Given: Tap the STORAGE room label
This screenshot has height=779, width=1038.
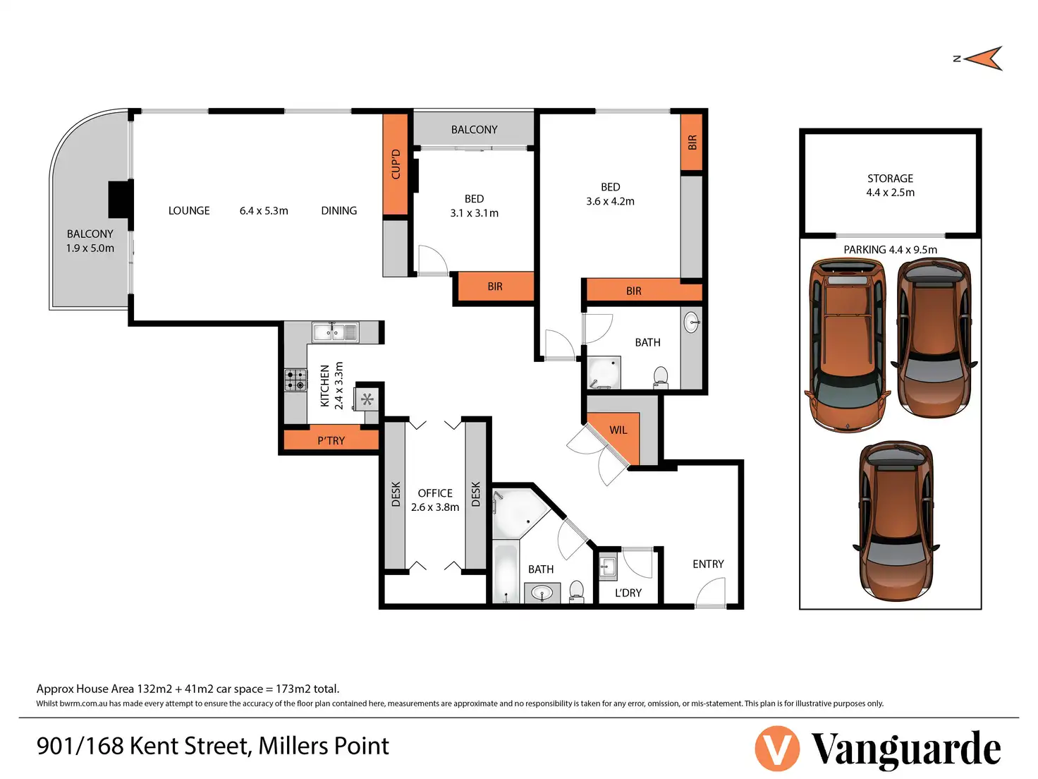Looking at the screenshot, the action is tap(890, 179).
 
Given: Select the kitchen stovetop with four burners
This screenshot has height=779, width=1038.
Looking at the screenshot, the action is tap(295, 380).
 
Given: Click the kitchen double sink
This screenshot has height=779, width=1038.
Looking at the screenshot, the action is tap(335, 332).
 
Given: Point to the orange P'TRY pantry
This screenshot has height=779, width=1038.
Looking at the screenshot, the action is tap(331, 440).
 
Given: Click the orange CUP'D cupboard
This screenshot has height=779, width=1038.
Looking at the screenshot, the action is tap(396, 164).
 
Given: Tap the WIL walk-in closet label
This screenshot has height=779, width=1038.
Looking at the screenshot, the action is tap(618, 430).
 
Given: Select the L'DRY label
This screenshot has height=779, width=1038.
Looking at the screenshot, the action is tap(628, 593).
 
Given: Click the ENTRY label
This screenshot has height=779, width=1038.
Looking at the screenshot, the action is tap(708, 564).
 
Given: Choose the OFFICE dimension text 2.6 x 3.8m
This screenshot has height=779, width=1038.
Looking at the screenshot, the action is tap(435, 507).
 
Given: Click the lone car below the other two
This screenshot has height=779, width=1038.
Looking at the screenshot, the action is tap(896, 521).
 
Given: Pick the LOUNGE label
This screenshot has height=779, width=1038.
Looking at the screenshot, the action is tap(189, 210).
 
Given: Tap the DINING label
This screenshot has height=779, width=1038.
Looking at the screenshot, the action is tap(338, 210).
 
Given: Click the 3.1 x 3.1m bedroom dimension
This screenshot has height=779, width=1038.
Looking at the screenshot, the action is tap(475, 213).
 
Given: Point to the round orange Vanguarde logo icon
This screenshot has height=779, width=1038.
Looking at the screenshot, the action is tap(777, 748).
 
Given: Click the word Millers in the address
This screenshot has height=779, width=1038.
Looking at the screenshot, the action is tap(293, 746).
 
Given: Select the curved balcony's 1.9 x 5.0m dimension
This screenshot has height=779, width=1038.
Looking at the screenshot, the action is tap(90, 248).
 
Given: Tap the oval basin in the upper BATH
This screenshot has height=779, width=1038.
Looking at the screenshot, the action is tap(691, 322).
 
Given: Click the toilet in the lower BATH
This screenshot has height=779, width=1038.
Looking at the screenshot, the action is tap(576, 591).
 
